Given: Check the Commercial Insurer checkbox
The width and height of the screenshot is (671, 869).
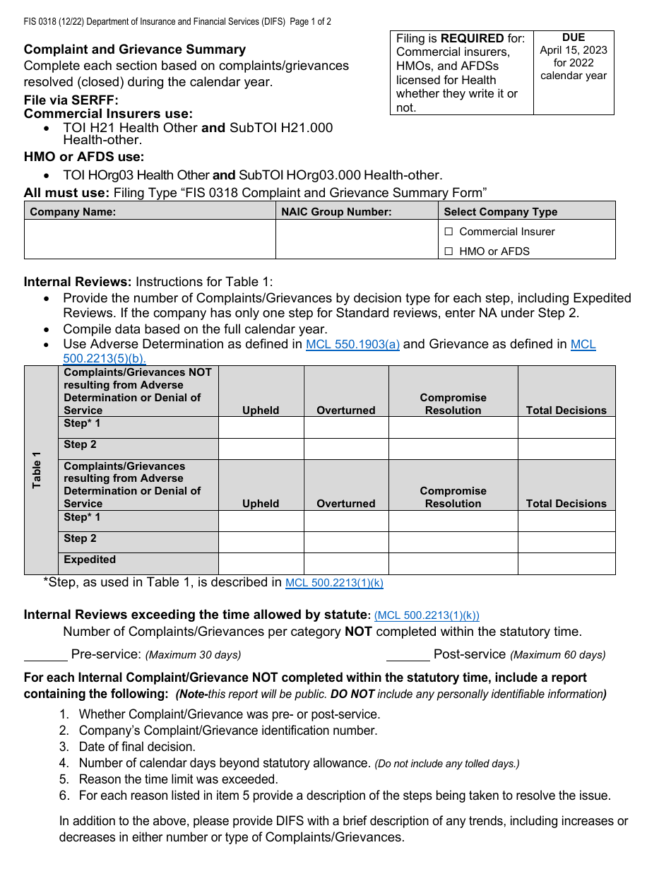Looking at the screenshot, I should (449, 232).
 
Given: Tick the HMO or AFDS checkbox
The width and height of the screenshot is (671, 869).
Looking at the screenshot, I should (449, 252).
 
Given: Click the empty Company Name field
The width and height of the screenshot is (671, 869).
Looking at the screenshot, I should (150, 240).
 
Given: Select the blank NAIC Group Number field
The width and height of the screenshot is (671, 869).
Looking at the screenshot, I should (356, 240).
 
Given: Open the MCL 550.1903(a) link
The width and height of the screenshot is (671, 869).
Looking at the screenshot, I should (352, 345).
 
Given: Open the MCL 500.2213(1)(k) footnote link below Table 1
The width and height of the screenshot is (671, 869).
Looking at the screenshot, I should (334, 584).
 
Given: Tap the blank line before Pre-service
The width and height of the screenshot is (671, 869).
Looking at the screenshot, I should (45, 654).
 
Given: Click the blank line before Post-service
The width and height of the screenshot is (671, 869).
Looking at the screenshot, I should (408, 654).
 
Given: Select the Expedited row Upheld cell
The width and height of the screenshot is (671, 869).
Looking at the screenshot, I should (261, 563).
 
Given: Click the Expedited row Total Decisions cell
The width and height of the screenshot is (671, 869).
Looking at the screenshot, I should (566, 563).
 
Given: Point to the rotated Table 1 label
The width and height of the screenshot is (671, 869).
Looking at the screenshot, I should (37, 470).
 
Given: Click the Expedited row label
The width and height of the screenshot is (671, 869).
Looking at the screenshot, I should (90, 560).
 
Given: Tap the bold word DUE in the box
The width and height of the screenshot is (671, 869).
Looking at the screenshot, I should (574, 37).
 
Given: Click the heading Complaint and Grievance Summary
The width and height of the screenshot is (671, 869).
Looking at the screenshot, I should (135, 49).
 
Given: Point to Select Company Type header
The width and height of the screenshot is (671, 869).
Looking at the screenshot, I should (500, 212).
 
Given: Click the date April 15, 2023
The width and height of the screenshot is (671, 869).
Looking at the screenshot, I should (574, 50).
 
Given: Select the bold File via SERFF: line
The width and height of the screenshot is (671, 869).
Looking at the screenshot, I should (71, 100).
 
